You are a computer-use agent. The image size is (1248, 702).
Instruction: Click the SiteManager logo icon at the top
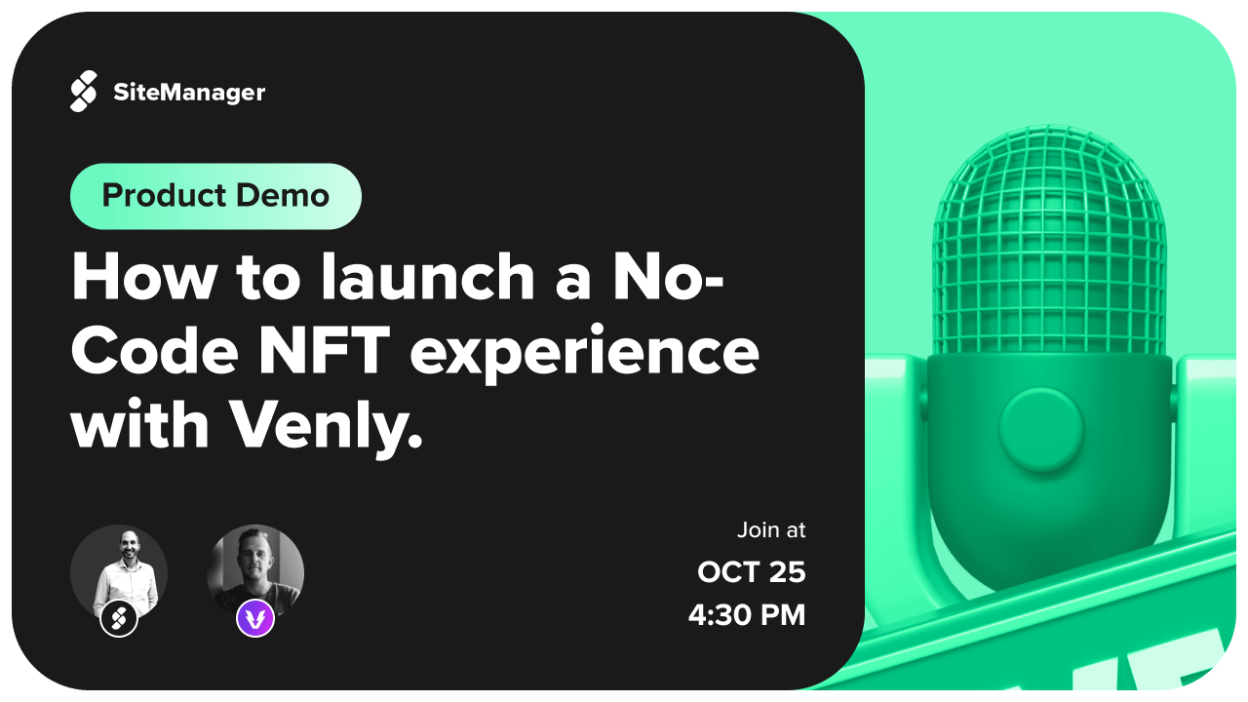point(84,92)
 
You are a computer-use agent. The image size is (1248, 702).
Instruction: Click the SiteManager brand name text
point(189,93)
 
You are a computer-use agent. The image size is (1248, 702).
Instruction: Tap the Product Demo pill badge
point(215,196)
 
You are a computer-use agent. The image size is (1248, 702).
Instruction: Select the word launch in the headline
point(428,277)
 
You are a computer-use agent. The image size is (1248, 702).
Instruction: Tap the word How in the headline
point(143,277)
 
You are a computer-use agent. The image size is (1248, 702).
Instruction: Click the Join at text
point(771,529)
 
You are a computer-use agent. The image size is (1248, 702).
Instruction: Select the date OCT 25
point(751,572)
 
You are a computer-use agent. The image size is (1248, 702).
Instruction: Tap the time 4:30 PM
point(747,615)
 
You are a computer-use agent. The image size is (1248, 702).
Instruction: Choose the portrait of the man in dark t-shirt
point(255,572)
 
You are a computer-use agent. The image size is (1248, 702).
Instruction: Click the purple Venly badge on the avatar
point(255,618)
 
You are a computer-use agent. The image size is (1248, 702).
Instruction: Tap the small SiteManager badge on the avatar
point(119,618)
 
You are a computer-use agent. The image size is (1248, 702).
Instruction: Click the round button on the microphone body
point(1040,429)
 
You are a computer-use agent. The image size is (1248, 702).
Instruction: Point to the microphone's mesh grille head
point(1050,241)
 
